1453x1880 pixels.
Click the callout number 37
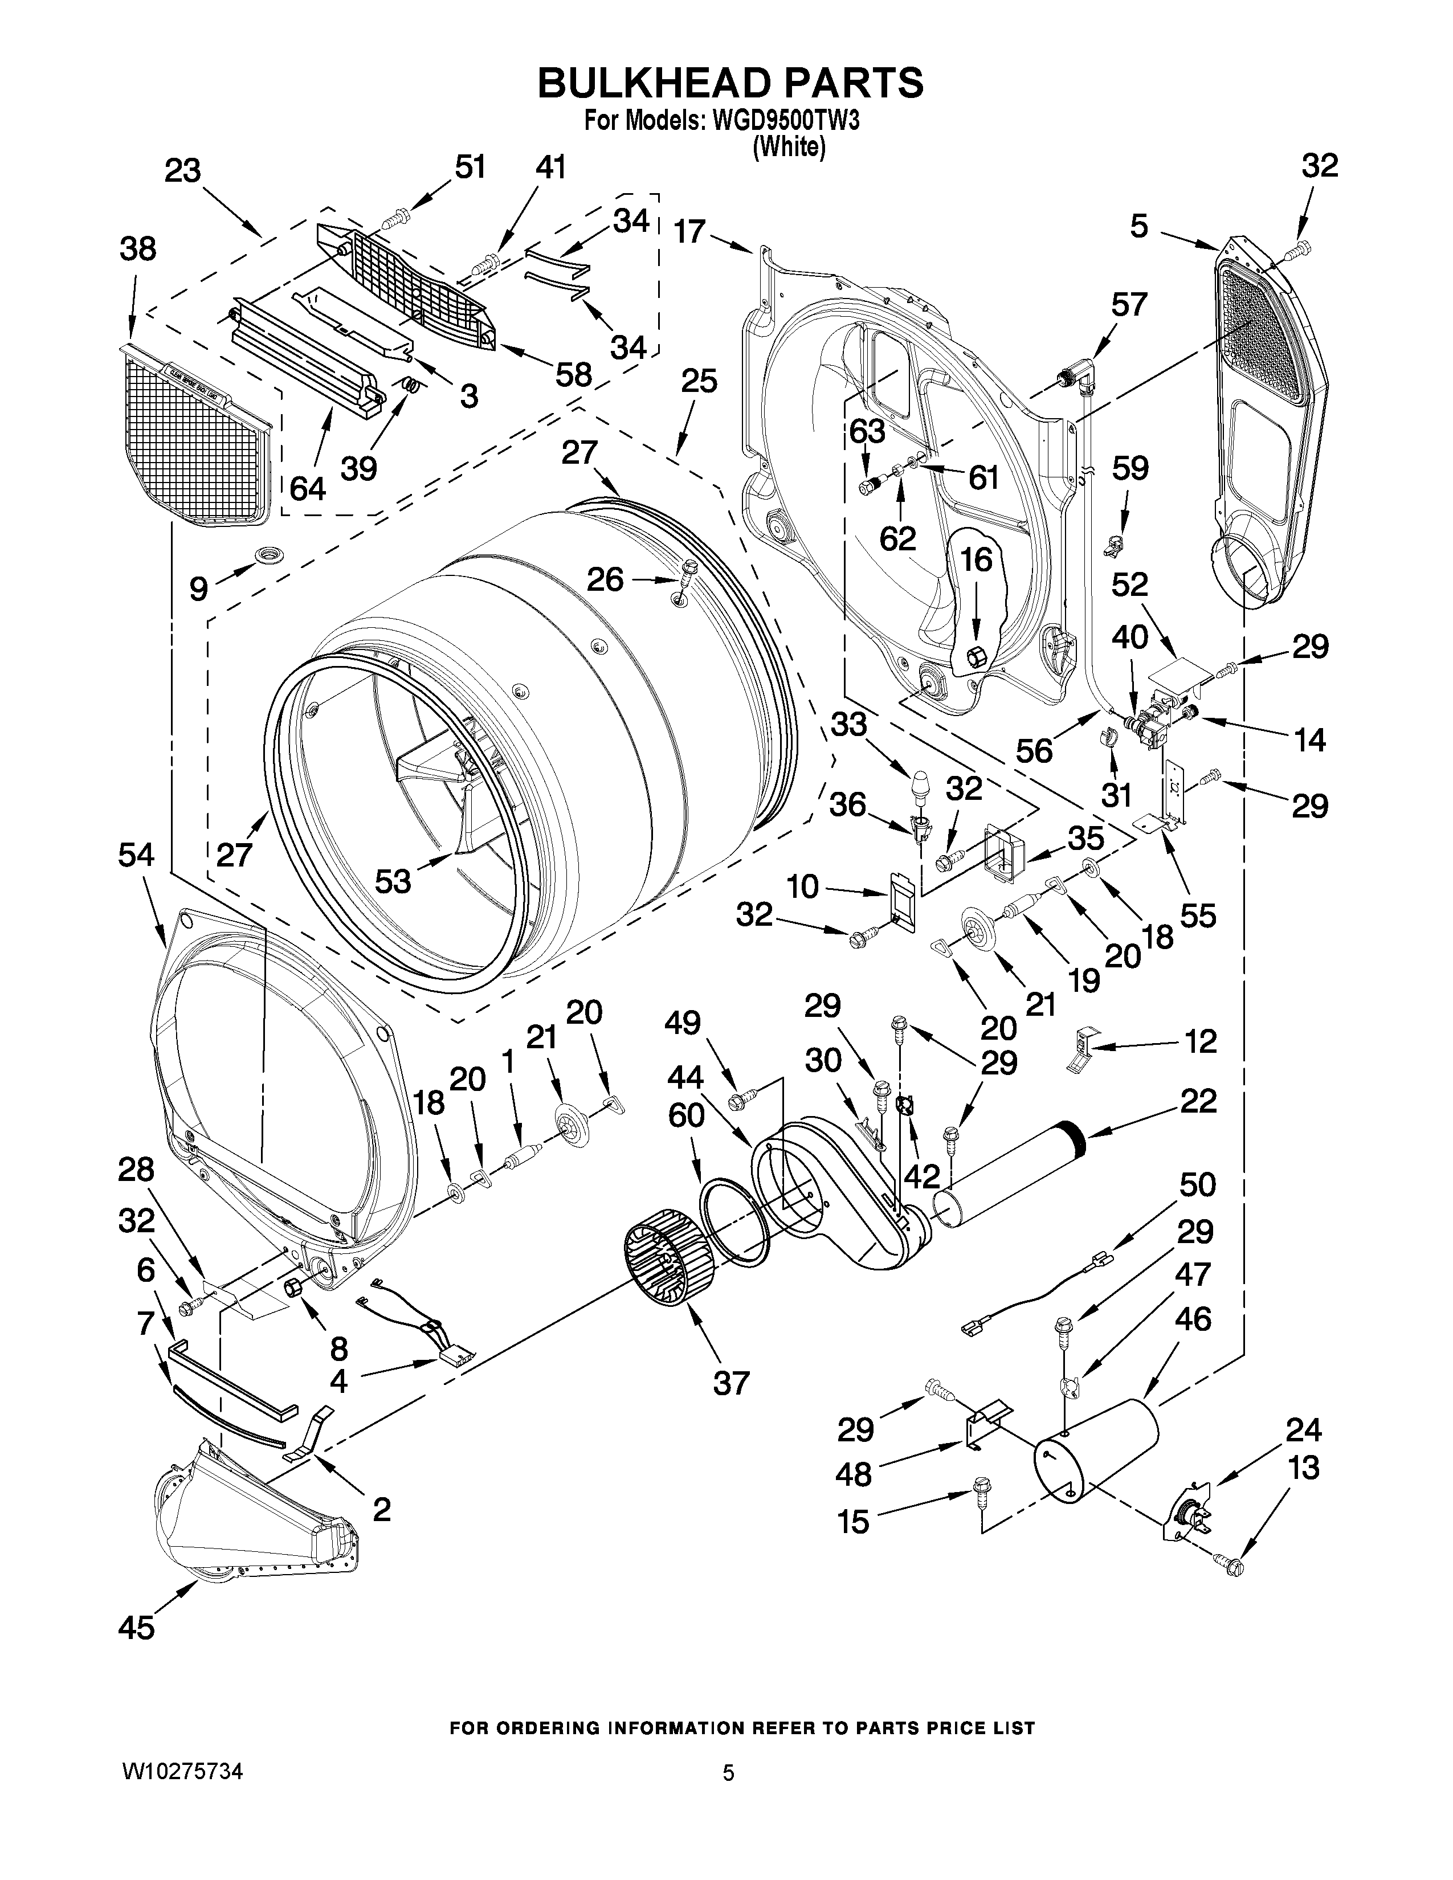pos(731,1383)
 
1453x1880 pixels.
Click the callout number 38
pos(138,250)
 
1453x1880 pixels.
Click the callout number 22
pos(1199,1101)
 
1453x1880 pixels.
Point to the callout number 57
pos(1129,305)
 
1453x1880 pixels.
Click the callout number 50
pos(1197,1186)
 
